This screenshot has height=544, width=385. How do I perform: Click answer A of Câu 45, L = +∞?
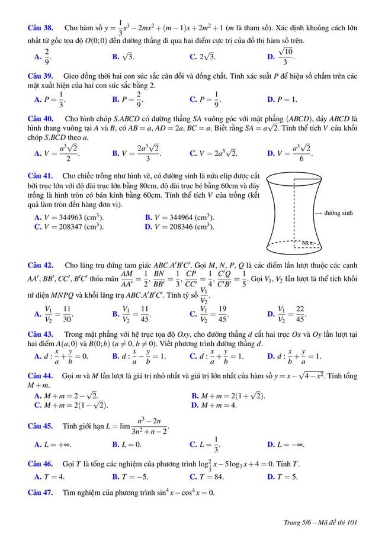(x=52, y=444)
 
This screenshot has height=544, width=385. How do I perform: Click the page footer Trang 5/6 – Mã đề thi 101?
(x=320, y=522)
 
